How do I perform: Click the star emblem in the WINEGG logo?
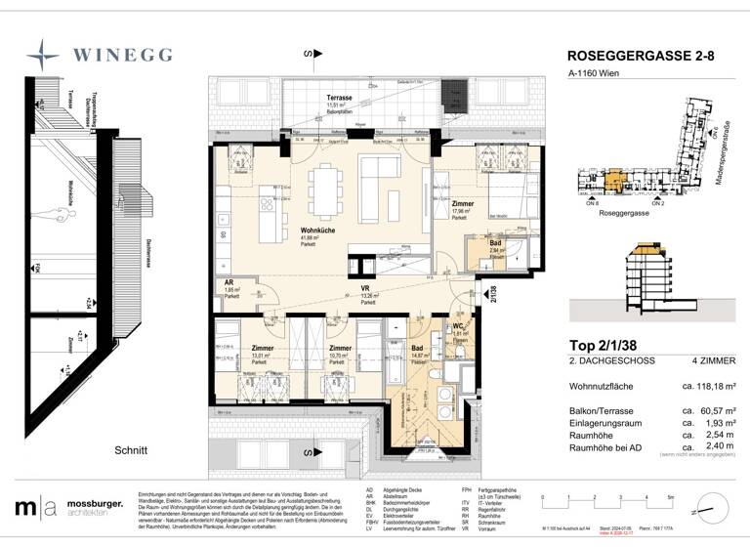45,54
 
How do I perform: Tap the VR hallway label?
364,289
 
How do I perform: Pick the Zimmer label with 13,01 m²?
263,348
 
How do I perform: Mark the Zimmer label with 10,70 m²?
339,348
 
